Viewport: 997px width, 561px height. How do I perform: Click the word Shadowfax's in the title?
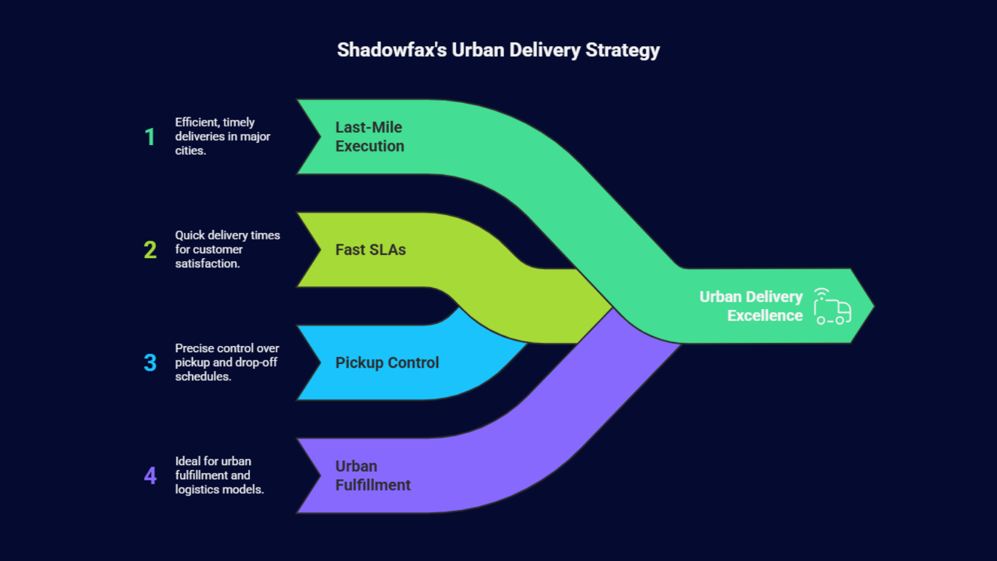(391, 50)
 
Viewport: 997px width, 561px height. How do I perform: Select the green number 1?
(150, 137)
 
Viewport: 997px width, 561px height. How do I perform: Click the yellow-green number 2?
(150, 250)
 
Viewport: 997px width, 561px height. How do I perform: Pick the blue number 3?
(150, 363)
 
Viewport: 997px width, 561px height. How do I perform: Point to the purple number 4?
(150, 476)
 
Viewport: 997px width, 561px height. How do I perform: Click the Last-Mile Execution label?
(370, 137)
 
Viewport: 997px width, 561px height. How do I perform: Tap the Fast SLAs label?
(370, 250)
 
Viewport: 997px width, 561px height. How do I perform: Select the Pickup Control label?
(387, 363)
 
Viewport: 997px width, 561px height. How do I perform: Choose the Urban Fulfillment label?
(373, 476)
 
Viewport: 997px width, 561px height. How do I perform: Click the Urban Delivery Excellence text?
(751, 306)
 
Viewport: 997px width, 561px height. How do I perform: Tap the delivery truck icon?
(832, 307)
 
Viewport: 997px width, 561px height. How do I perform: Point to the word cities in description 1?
(189, 151)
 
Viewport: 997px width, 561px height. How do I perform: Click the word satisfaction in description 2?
(206, 264)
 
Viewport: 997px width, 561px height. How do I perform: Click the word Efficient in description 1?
(196, 122)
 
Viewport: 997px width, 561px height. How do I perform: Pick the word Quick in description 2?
(189, 235)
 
